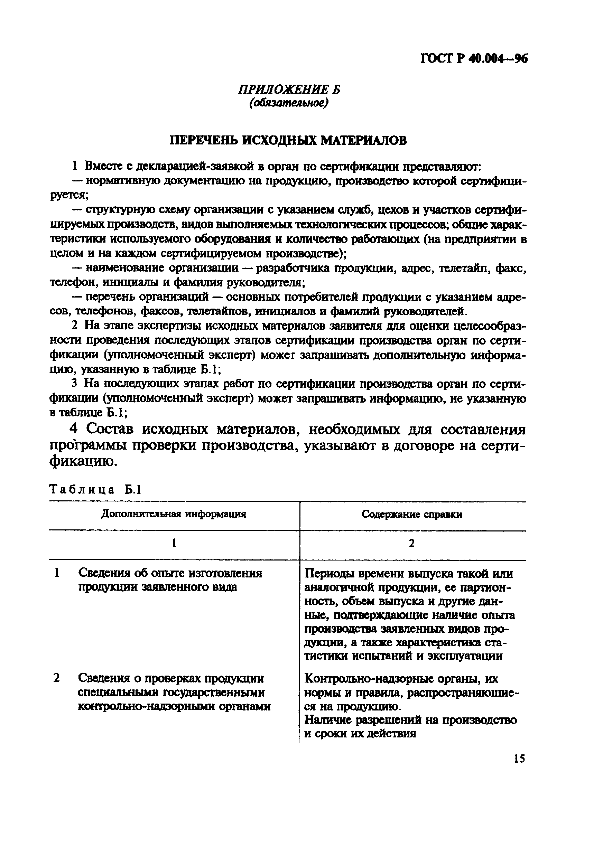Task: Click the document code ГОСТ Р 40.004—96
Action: point(473,59)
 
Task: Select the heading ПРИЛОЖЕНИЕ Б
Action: point(289,90)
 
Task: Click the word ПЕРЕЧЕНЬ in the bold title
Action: point(203,140)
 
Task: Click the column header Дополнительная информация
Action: point(174,514)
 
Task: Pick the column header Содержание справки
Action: point(411,514)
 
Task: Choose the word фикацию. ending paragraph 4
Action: point(83,461)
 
